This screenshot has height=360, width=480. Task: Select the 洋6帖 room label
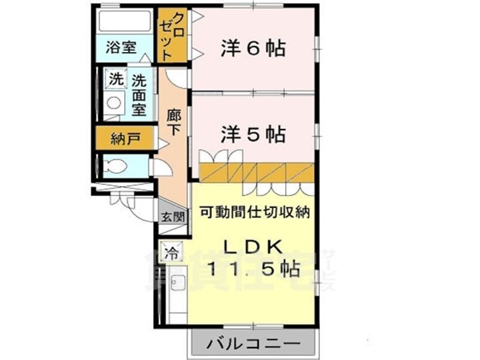253,48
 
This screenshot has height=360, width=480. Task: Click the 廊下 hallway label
173,121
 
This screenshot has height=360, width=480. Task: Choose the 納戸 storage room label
125,139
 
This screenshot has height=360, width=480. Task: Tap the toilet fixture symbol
114,166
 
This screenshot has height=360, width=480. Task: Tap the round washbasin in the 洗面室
114,103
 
